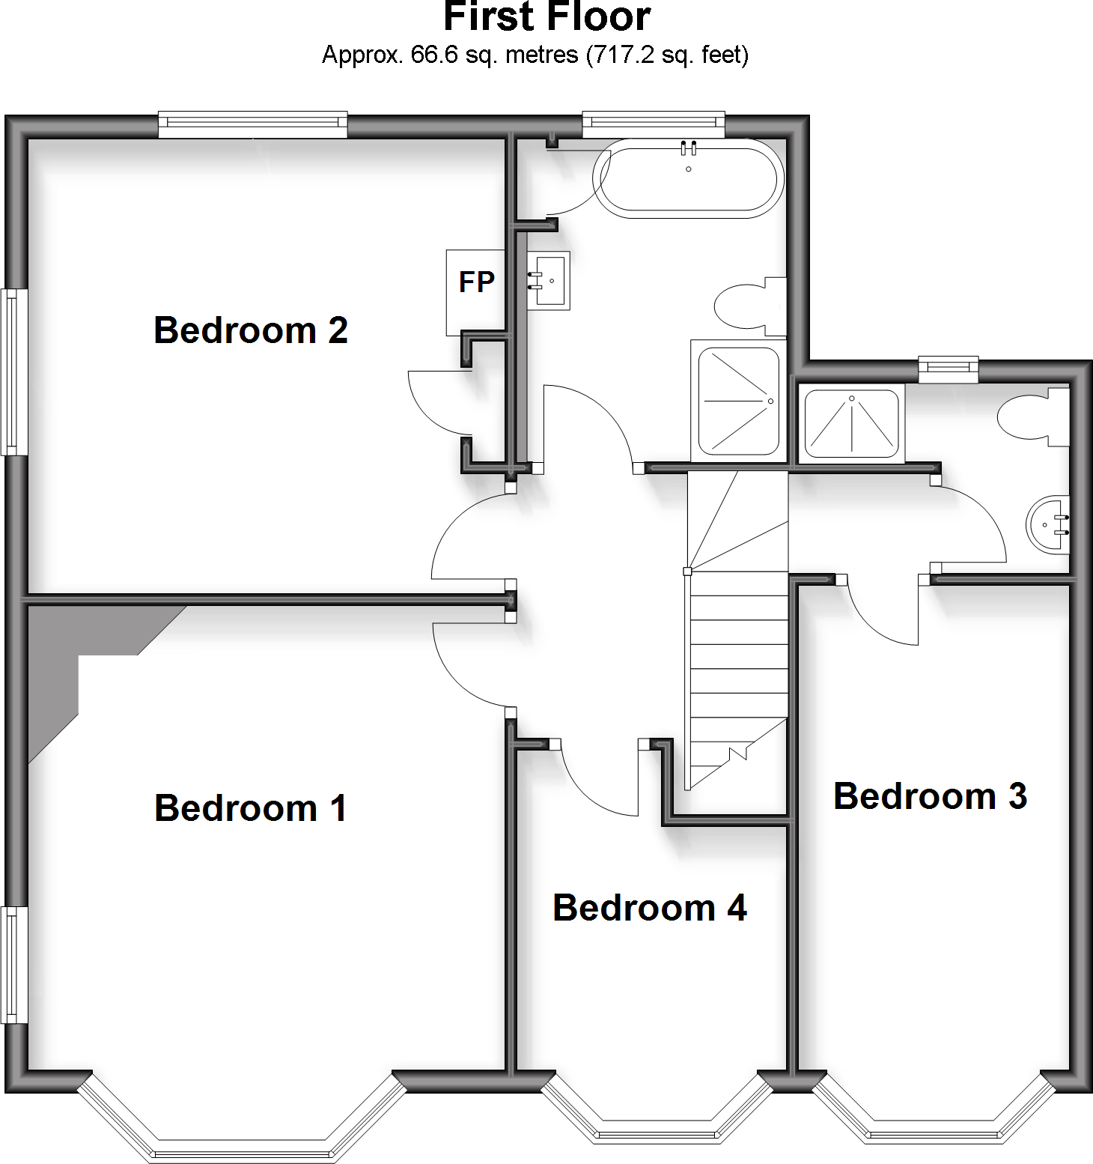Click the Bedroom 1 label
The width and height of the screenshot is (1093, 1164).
click(251, 808)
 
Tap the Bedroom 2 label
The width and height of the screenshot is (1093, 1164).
click(251, 330)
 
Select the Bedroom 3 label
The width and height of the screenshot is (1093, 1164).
click(930, 795)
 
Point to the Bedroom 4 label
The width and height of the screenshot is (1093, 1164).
click(650, 908)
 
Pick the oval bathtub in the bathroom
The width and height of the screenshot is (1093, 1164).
click(688, 179)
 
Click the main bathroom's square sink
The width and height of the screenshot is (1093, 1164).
click(548, 281)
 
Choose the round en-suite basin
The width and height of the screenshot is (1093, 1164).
click(1048, 524)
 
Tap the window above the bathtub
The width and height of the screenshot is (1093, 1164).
click(654, 124)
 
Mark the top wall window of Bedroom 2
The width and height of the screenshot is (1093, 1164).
click(253, 124)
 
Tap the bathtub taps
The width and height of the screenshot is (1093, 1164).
click(689, 148)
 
